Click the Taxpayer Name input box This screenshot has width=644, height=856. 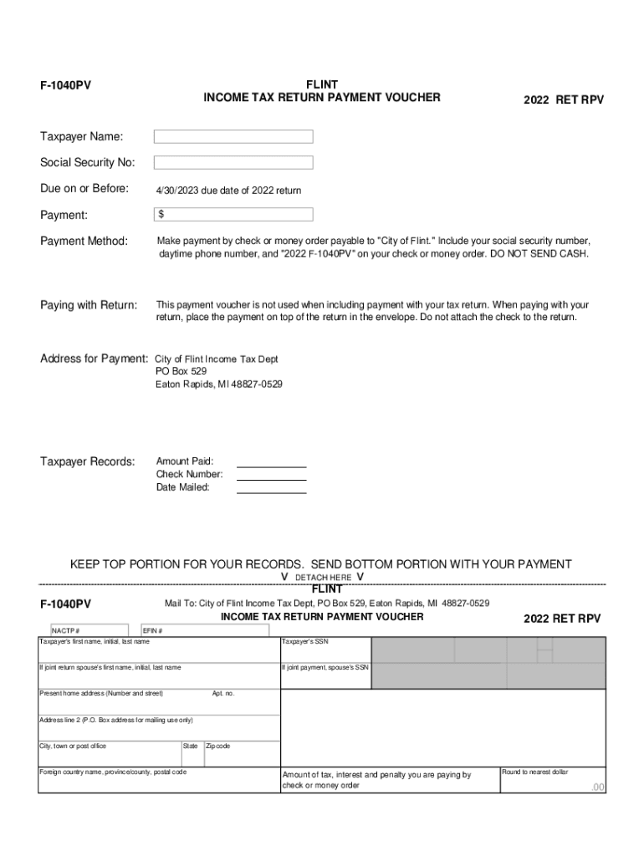(x=233, y=136)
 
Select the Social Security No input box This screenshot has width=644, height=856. (x=233, y=162)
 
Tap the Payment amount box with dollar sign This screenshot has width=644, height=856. (x=233, y=215)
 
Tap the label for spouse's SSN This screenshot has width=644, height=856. (x=325, y=668)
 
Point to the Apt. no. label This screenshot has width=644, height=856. (x=223, y=694)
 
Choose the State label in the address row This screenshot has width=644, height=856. (x=191, y=746)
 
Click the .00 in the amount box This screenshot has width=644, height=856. (x=597, y=787)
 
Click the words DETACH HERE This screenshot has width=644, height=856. (x=323, y=578)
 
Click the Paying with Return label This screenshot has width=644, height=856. (x=89, y=305)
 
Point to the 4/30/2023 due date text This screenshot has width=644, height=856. (x=228, y=191)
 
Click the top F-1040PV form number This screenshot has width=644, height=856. (x=66, y=85)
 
